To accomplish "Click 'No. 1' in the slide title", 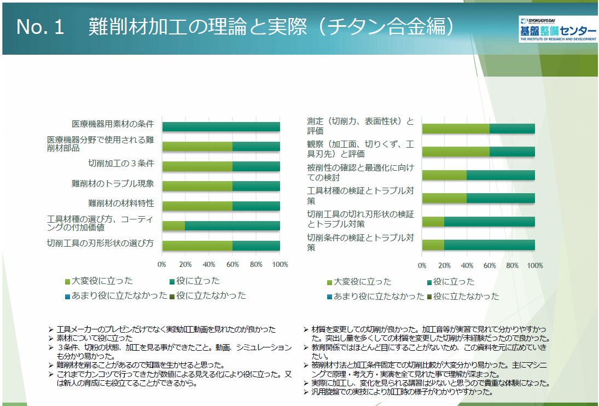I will coord(40,28).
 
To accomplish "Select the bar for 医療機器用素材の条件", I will coord(221,127).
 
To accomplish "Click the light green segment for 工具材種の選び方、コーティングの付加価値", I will coord(174,225).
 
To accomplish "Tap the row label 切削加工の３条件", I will coord(121,164).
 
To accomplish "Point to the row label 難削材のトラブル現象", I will coord(113,184).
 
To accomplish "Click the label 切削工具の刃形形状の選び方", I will coord(100,243).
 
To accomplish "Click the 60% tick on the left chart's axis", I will coord(232,265).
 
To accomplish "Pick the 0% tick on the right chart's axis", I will coord(422,265).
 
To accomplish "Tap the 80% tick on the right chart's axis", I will coord(512,265).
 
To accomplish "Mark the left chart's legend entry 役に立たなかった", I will coord(211,295).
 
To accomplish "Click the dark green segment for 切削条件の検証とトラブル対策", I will coord(489,245).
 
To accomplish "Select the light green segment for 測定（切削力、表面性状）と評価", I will coord(456,129).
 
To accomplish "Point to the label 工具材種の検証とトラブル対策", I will coord(360,195).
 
